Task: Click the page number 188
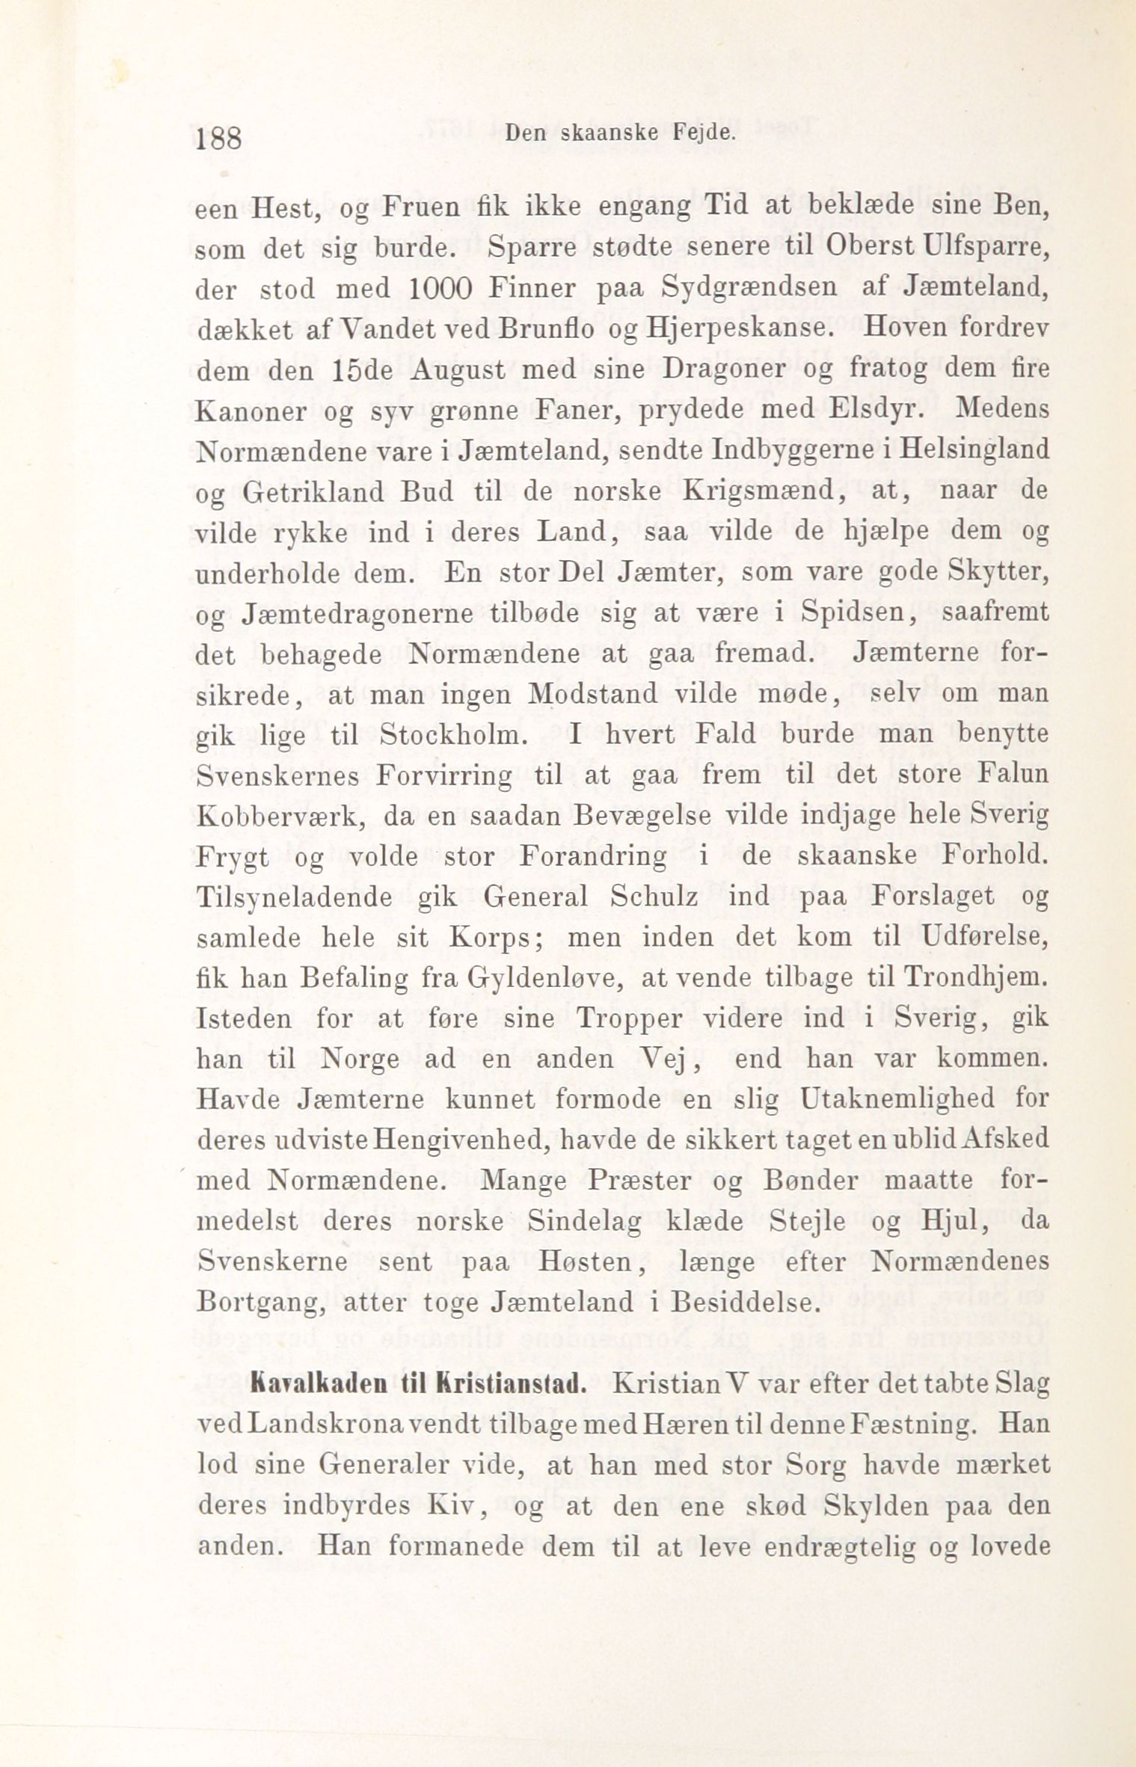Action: coord(218,139)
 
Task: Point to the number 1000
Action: coord(440,289)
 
